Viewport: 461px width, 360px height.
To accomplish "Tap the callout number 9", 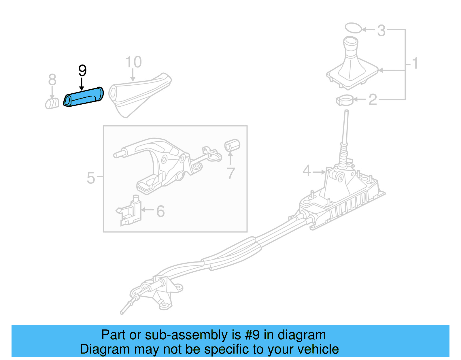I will [82, 71].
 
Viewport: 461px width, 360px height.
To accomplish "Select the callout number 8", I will [52, 80].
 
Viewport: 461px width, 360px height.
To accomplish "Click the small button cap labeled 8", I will [52, 103].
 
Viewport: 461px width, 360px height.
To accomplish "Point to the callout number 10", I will [133, 62].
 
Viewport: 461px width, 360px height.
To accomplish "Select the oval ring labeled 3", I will [353, 28].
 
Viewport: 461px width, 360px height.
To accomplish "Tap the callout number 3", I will [381, 31].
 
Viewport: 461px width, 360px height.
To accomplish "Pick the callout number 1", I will [415, 63].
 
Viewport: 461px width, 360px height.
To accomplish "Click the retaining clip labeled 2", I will [344, 100].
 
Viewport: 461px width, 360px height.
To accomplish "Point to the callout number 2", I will [373, 100].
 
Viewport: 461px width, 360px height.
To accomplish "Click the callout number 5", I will [91, 178].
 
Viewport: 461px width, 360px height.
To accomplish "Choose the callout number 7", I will [231, 174].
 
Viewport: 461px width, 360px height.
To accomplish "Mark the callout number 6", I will [160, 211].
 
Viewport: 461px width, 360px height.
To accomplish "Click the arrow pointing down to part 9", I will [82, 85].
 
